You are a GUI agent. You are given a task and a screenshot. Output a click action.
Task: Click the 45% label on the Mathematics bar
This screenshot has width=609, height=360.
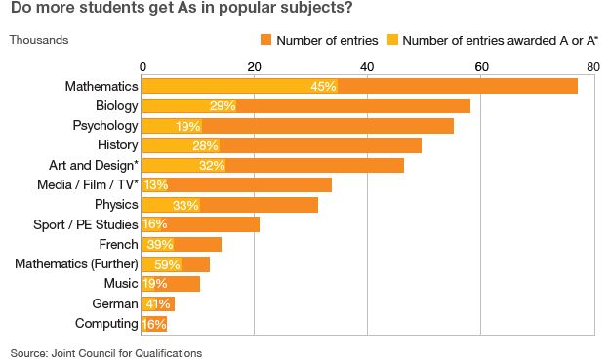tap(323, 86)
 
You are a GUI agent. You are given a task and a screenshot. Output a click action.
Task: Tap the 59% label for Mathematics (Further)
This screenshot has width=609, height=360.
tap(167, 264)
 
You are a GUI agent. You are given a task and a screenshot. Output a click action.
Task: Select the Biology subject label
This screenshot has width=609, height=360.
tap(116, 106)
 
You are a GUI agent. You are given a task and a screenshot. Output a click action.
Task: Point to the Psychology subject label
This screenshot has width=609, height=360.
tap(105, 126)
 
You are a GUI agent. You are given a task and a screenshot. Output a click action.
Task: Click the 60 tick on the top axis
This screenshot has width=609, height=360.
tap(481, 67)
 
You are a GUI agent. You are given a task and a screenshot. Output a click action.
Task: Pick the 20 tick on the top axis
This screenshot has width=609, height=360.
tap(254, 67)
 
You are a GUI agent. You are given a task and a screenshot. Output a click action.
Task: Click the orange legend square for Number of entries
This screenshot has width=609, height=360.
tap(266, 40)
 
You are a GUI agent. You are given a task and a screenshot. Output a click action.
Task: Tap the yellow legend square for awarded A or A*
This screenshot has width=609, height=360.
tap(392, 40)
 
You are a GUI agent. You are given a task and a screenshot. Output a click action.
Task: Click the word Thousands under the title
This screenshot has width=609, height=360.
tap(39, 40)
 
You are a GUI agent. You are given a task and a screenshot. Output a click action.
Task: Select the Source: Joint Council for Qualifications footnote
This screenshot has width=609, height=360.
tap(106, 353)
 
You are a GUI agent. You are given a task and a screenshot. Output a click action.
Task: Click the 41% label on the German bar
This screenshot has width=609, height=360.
tap(158, 303)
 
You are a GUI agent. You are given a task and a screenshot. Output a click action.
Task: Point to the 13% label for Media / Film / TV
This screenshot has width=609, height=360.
tap(156, 184)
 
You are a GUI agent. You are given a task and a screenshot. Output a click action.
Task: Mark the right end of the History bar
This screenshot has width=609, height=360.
tap(421, 145)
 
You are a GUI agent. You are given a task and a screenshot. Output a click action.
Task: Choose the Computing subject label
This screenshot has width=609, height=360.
tap(106, 324)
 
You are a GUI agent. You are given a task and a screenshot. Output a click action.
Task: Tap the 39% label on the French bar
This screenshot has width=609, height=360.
tap(160, 244)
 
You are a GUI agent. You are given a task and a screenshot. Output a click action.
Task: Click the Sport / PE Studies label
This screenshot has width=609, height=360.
tap(86, 224)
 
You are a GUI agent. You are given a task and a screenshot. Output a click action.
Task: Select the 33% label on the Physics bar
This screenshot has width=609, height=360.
tap(185, 205)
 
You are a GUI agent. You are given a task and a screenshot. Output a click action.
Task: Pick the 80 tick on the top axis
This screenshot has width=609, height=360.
tap(593, 67)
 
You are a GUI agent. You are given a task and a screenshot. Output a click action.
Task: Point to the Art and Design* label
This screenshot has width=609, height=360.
tap(94, 165)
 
